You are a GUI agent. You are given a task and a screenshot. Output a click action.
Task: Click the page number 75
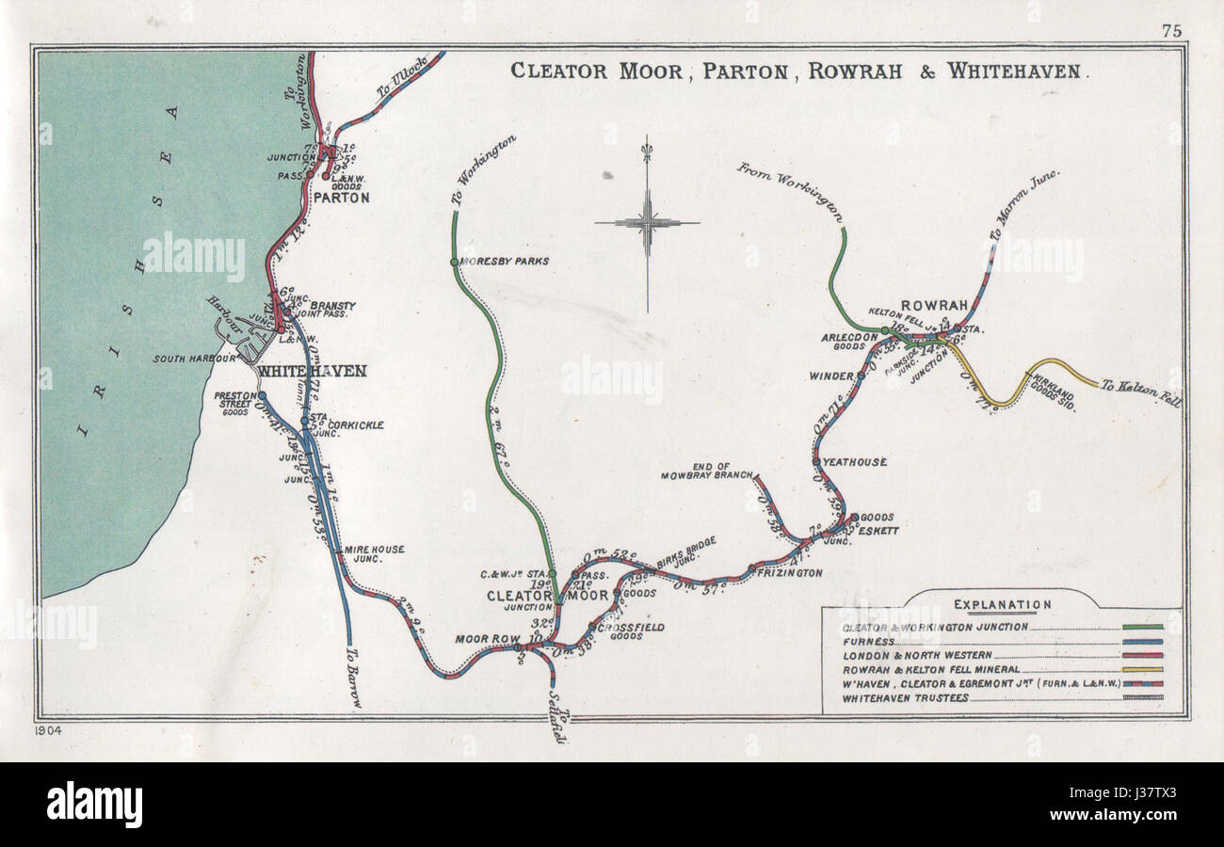pos(1170,30)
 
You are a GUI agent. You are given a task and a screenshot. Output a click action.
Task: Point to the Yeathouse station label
pos(855,462)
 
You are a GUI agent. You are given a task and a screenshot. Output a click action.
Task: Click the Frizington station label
pos(790,572)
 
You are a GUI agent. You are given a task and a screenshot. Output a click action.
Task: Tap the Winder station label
pos(830,376)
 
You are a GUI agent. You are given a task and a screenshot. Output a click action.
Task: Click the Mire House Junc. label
pos(374,554)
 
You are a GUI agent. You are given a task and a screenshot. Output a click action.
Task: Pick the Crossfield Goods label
pos(632,631)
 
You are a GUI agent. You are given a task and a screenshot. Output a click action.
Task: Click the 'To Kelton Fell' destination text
pos(1141,392)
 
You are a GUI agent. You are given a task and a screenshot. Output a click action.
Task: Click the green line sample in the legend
pos(1142,627)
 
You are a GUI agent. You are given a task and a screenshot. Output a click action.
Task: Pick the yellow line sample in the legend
pos(1142,669)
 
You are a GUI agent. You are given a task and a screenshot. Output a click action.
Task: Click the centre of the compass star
pos(647,223)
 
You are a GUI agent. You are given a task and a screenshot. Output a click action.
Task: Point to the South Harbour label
pos(193,359)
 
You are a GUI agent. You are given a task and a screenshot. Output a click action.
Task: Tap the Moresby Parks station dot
pos(454,262)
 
